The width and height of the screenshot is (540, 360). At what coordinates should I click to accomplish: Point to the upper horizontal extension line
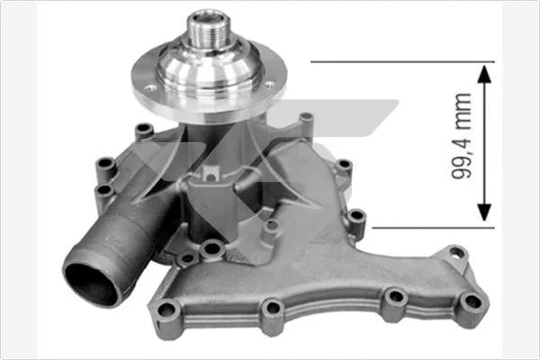tap(396, 63)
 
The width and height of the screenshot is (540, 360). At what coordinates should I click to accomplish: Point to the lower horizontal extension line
tap(423, 228)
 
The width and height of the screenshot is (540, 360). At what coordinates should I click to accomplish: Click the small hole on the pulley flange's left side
tap(149, 87)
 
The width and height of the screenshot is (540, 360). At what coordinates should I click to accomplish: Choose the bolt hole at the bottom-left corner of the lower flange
tap(165, 310)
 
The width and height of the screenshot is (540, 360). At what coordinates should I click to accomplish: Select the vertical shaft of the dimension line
tap(485, 144)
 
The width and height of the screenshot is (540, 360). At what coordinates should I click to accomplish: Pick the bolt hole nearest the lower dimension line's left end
tap(356, 216)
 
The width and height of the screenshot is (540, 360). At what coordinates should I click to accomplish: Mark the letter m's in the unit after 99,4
tap(462, 104)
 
